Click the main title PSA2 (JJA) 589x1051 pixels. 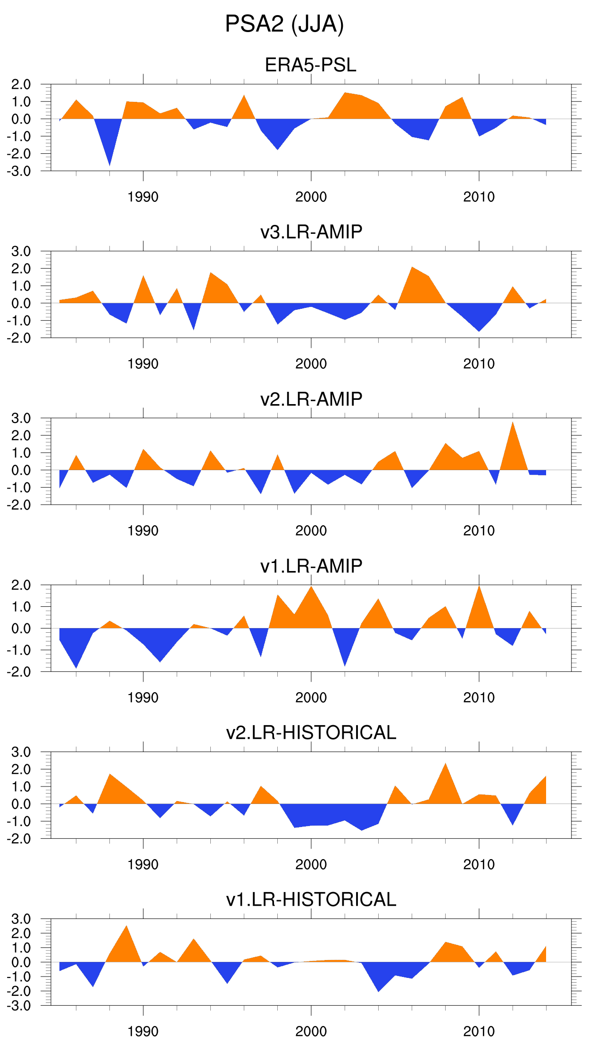point(284,24)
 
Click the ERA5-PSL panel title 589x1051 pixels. point(311,65)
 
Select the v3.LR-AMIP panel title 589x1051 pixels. point(311,232)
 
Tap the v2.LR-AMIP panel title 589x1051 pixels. point(311,399)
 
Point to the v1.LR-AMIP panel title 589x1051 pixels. point(311,566)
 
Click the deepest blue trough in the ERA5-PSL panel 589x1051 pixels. point(110,160)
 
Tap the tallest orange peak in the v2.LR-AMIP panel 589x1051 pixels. point(513,427)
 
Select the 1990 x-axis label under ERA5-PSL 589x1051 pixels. point(143,197)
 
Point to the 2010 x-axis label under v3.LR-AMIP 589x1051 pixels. point(479,364)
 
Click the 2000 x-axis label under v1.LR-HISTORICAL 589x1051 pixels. point(311,1032)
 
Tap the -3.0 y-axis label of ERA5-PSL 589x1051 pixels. point(19,171)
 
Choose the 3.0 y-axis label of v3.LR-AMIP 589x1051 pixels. point(21,251)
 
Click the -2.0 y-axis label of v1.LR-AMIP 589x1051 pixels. point(19,672)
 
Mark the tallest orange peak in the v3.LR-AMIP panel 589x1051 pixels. point(412,272)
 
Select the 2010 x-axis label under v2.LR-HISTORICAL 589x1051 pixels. point(479,865)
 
